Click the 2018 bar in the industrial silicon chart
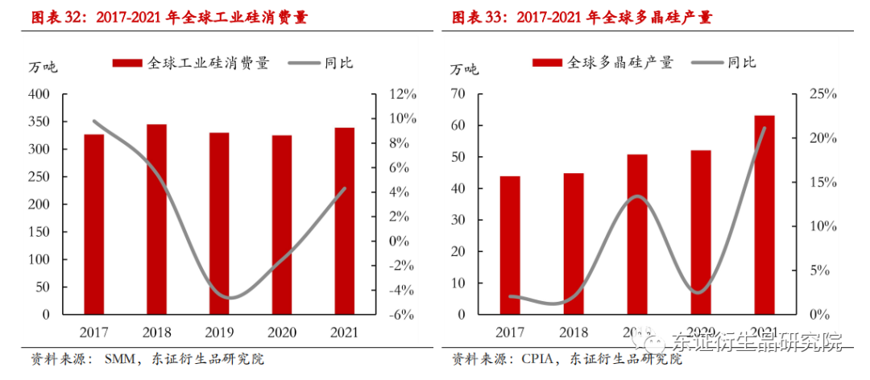[x=156, y=219]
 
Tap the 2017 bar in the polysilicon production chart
[x=509, y=245]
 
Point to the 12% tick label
[x=403, y=94]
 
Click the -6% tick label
[x=403, y=315]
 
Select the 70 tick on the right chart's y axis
[x=459, y=94]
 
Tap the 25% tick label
[x=822, y=94]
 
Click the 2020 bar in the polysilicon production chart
[x=700, y=233]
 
